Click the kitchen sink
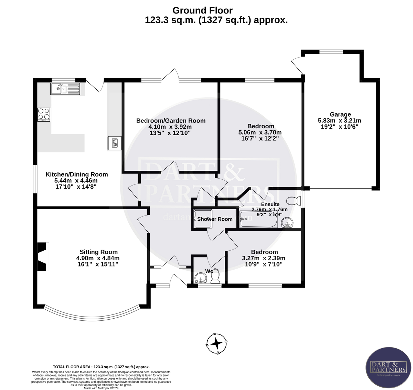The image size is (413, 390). point(65,89)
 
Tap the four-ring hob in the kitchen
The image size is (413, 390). point(44,114)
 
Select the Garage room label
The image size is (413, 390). point(340,114)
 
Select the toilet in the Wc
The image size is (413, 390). point(216,276)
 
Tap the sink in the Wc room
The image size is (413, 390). point(200,278)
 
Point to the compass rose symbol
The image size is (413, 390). point(216,343)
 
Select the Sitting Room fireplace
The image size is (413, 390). point(42,257)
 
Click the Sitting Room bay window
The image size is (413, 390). point(92,313)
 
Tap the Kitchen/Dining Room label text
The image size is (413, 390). point(77,174)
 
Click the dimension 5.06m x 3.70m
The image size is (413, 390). point(260,132)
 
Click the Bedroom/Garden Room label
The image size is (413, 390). point(171,121)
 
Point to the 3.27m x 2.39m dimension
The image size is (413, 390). point(264,258)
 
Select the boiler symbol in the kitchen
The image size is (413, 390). point(114,142)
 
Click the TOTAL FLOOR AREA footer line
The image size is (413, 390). point(101,367)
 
